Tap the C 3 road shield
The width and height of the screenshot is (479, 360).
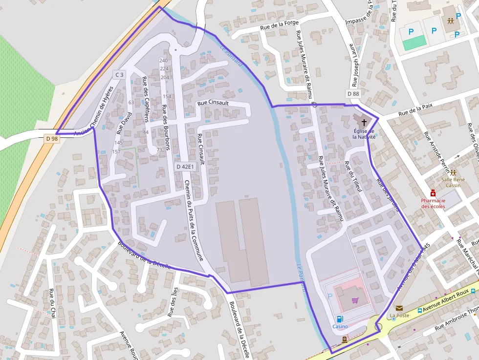[x=119, y=74]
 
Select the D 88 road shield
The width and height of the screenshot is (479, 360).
[x=353, y=94]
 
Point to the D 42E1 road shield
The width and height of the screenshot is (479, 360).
[x=185, y=167]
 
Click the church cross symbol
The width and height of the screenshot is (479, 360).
[x=364, y=122]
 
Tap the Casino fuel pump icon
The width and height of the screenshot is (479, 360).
[x=340, y=319]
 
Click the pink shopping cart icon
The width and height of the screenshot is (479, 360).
[x=355, y=300]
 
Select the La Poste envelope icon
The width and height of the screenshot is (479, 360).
[x=399, y=308]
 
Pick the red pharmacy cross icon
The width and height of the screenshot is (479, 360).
[x=433, y=193]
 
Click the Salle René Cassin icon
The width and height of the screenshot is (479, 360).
[x=454, y=172]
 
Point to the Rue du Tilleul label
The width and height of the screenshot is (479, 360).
[x=353, y=176]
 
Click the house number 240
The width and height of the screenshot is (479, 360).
[x=164, y=61]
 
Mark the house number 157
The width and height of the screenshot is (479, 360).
[x=116, y=151]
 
